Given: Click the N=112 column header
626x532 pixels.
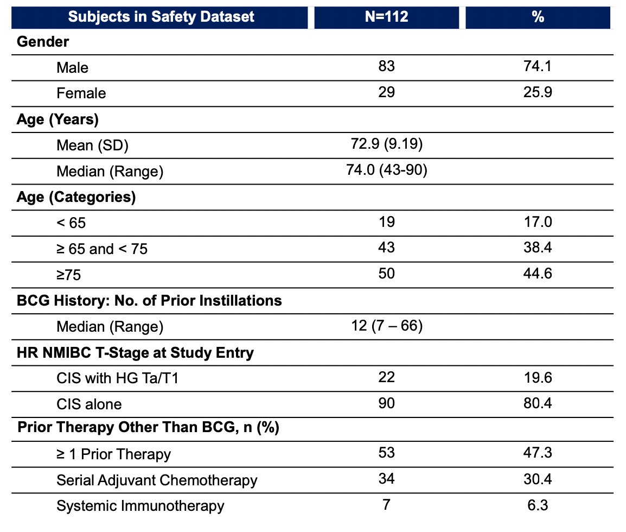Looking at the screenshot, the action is click(386, 16).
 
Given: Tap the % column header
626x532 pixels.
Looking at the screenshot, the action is click(538, 16).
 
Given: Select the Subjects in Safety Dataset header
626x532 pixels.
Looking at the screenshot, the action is click(161, 16).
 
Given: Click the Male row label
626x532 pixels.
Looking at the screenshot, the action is click(72, 67).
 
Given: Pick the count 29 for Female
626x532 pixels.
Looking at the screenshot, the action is click(386, 92).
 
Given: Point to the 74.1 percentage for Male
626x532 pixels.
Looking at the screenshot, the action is click(538, 66).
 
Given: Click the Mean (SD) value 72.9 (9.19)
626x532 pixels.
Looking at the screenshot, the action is click(386, 144).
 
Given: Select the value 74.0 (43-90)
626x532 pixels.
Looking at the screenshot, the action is click(386, 170).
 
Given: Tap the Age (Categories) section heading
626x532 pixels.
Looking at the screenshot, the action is click(76, 197).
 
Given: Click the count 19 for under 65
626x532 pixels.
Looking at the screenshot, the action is click(386, 221).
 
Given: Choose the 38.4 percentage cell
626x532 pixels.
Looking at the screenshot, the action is click(538, 248).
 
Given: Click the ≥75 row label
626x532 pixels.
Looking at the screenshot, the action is click(69, 275).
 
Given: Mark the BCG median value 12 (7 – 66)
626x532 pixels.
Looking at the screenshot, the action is click(386, 326).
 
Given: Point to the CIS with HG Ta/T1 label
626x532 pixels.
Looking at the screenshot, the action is click(117, 378).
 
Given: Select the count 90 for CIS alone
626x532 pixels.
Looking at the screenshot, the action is click(386, 403).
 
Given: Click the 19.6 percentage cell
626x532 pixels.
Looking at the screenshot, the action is click(538, 377).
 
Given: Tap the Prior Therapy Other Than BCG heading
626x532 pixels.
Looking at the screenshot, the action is click(148, 427).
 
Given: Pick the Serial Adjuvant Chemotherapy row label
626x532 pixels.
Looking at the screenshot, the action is click(157, 480).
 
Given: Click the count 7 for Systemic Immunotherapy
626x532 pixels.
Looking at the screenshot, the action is click(386, 505).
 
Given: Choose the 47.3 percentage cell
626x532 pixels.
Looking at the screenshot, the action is click(538, 453).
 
